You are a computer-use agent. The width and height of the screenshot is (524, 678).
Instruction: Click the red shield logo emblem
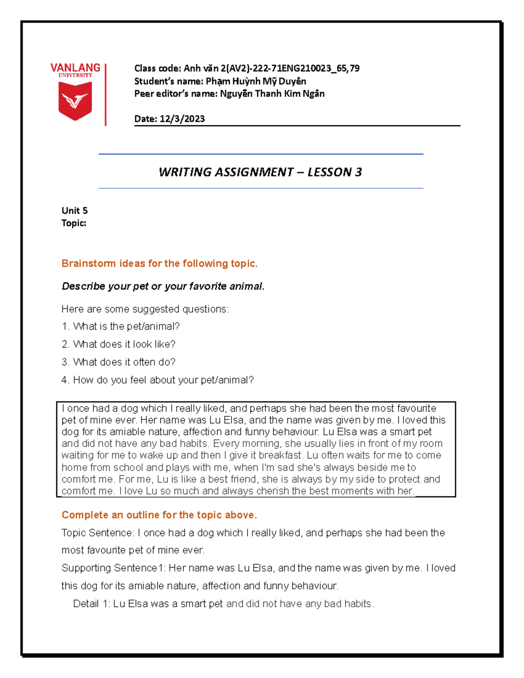click(x=75, y=101)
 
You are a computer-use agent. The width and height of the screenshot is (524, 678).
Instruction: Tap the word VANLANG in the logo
click(x=75, y=68)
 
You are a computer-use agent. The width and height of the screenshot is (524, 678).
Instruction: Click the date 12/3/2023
click(x=182, y=119)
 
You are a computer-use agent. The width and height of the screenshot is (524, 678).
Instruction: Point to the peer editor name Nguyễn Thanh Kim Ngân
click(x=272, y=93)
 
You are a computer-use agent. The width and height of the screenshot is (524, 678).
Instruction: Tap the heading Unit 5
click(x=75, y=210)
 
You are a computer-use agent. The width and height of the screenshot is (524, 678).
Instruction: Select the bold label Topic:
click(x=74, y=223)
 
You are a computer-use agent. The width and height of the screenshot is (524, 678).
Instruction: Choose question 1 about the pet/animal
click(x=121, y=327)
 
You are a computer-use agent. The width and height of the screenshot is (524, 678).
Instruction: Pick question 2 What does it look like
click(x=119, y=344)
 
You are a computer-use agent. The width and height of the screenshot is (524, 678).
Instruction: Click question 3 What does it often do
click(x=119, y=362)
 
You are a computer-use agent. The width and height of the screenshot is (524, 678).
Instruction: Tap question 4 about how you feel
click(x=158, y=380)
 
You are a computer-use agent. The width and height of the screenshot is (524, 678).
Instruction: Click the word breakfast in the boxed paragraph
click(x=281, y=455)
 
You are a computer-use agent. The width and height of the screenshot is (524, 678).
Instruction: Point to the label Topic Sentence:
click(x=98, y=533)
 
